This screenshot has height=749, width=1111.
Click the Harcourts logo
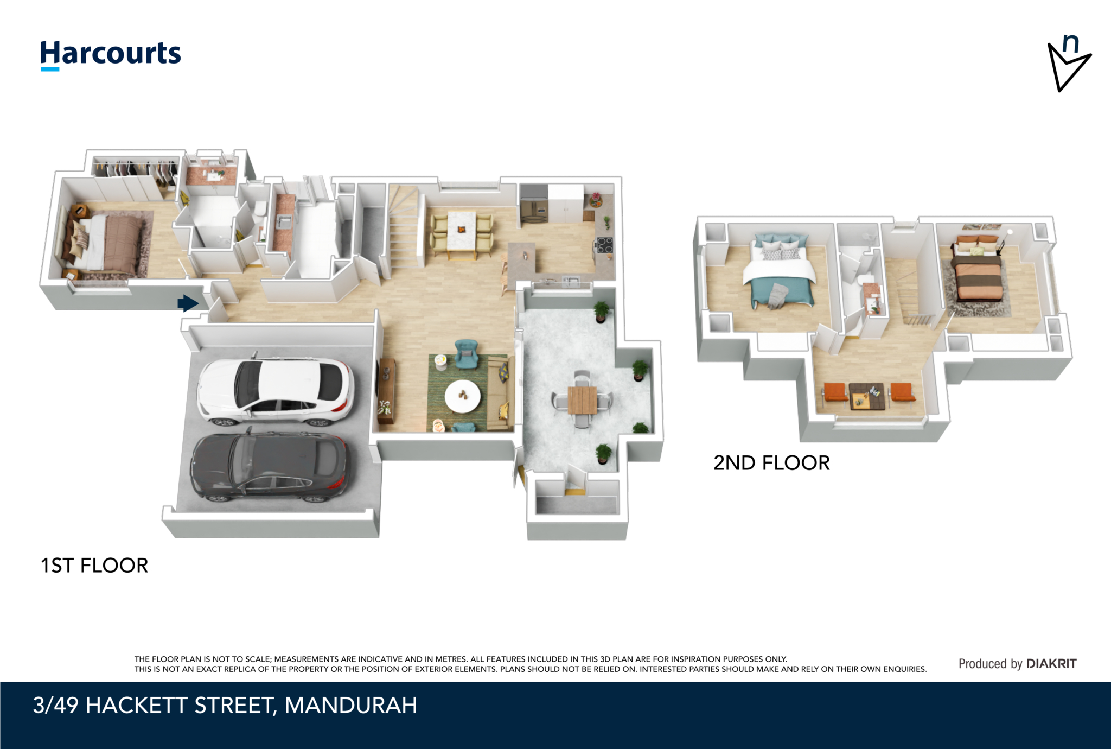pyautogui.click(x=111, y=55)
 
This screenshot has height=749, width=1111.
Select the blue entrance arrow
pyautogui.click(x=188, y=303)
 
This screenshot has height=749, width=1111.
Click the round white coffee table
pyautogui.click(x=462, y=396)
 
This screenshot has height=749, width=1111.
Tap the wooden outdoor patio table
pyautogui.click(x=582, y=400)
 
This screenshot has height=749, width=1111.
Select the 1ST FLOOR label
pyautogui.click(x=94, y=566)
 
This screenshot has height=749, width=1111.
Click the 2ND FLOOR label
pyautogui.click(x=771, y=463)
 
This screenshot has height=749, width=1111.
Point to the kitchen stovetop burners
pyautogui.click(x=604, y=245)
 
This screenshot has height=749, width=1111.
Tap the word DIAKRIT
pyautogui.click(x=1051, y=663)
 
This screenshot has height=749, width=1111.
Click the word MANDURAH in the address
pyautogui.click(x=351, y=705)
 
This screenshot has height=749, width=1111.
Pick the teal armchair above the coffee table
pyautogui.click(x=466, y=353)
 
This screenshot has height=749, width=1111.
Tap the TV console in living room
pyautogui.click(x=386, y=390)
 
